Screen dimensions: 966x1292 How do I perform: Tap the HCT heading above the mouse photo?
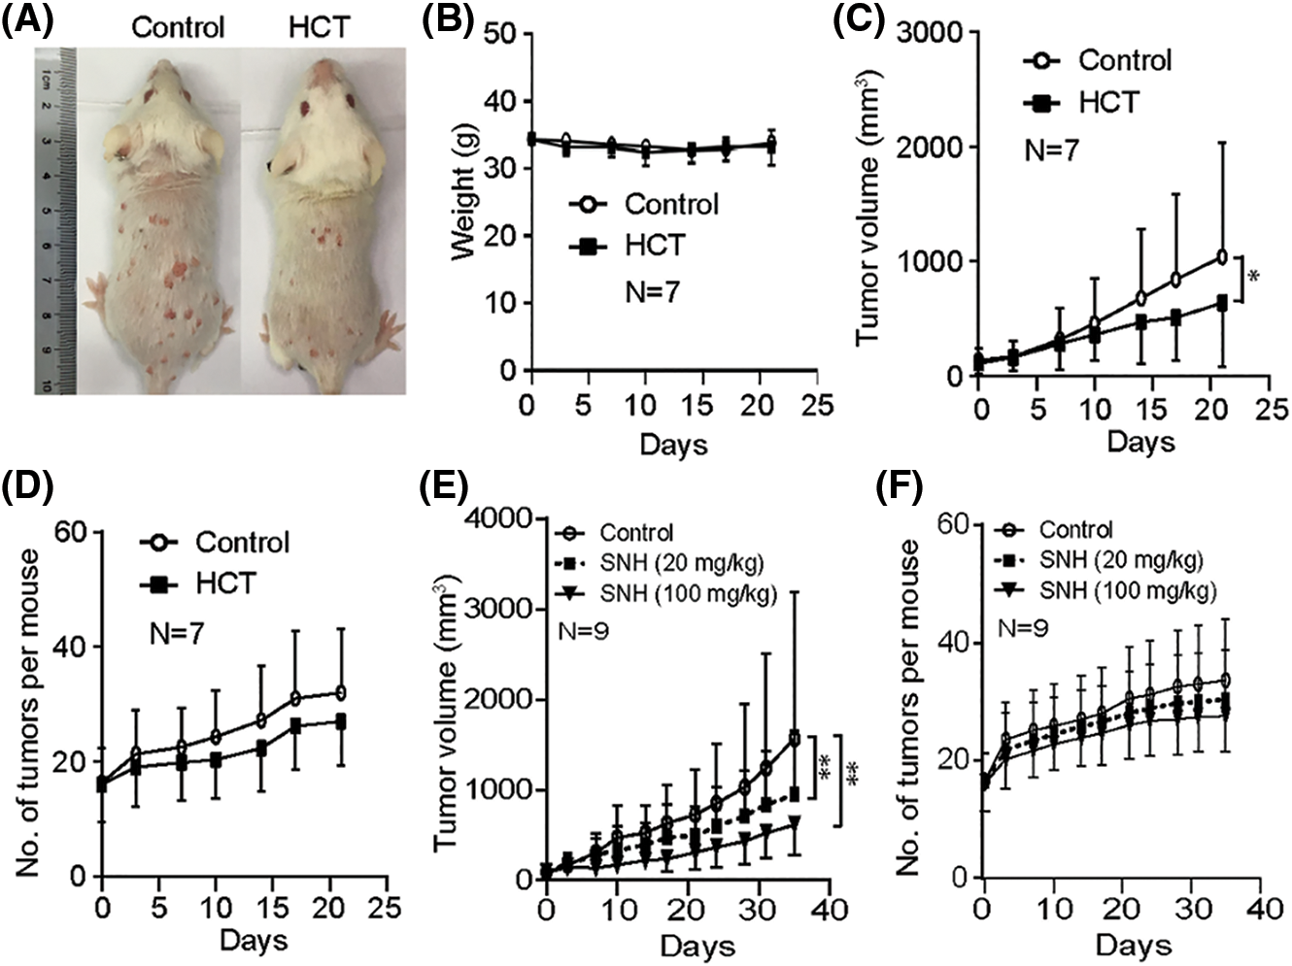tap(319, 26)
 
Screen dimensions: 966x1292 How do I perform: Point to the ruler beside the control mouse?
tap(57, 218)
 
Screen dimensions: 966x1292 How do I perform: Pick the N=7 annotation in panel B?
tap(652, 290)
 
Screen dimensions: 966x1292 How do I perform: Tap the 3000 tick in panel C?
tap(930, 33)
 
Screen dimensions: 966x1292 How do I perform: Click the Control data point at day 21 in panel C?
tap(1221, 256)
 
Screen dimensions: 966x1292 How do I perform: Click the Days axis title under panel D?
tap(253, 940)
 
